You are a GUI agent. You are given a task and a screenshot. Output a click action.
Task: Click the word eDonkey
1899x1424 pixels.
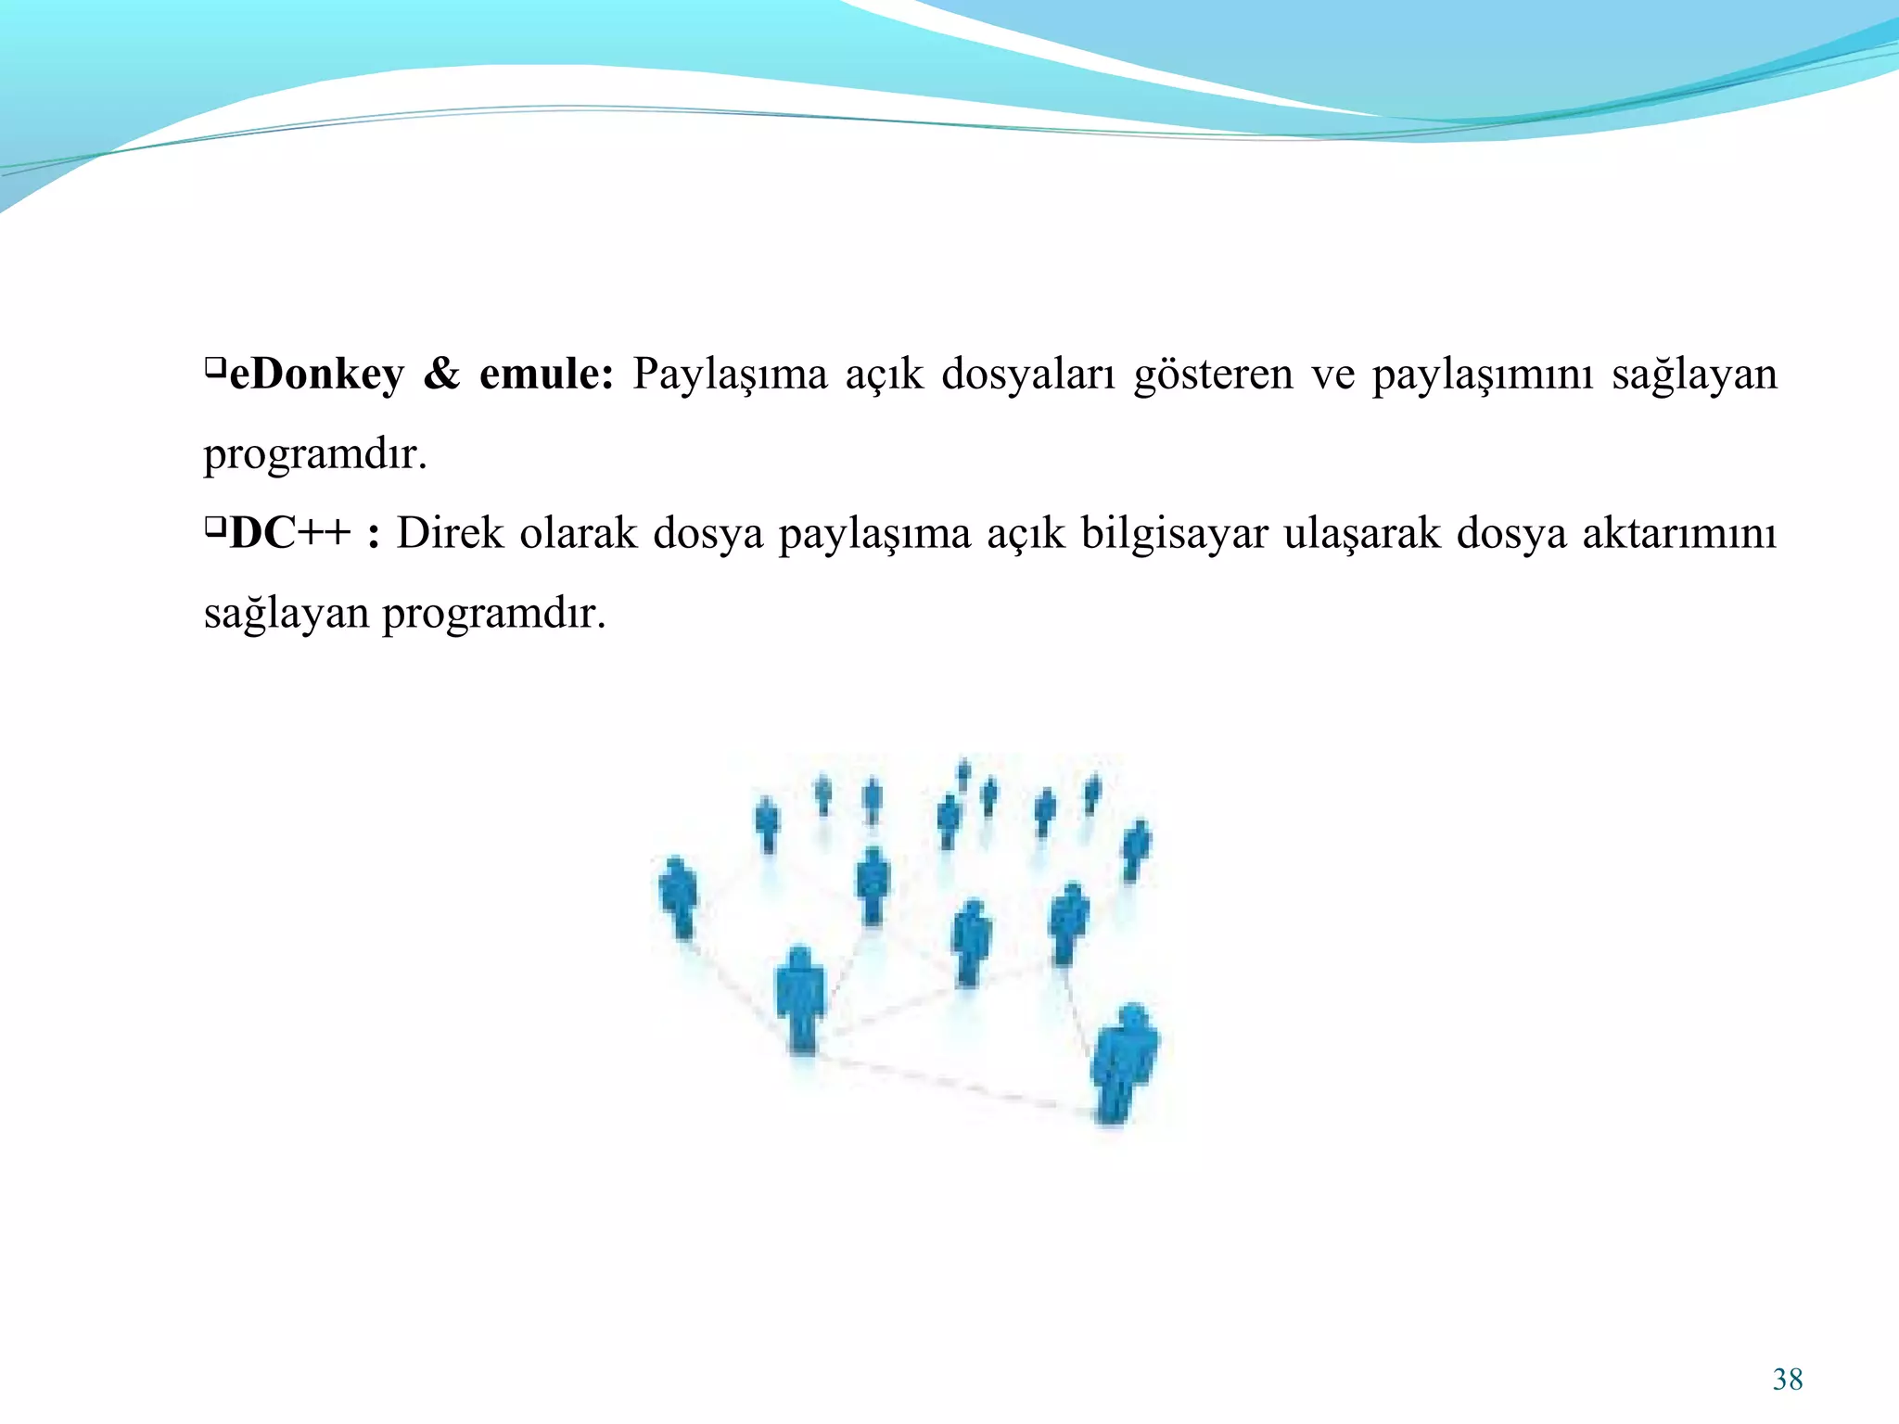[x=316, y=375]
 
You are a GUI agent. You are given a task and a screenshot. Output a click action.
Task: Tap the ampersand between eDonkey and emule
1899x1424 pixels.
[x=441, y=374]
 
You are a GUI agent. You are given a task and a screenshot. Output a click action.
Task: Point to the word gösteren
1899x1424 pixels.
[x=1213, y=375]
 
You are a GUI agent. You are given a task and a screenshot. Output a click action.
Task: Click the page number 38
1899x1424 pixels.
[x=1788, y=1379]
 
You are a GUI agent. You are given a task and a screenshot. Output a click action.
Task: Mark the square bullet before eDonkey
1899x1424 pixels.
[x=214, y=369]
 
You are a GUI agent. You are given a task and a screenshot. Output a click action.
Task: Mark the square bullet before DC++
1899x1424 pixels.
[x=214, y=528]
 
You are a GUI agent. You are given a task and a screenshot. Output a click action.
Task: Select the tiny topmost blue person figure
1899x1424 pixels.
[x=964, y=771]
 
